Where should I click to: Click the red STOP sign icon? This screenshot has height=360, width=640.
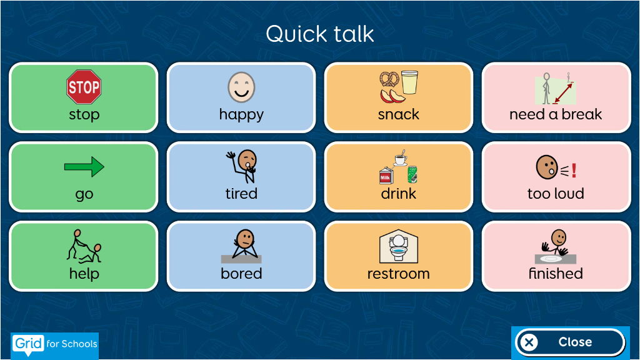[x=84, y=86]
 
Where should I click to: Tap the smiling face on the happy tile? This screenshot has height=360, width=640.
[x=241, y=87]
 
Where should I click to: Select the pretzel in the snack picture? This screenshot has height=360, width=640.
[x=389, y=79]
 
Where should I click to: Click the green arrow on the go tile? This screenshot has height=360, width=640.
[x=84, y=166]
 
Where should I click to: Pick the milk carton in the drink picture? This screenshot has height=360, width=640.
[x=386, y=176]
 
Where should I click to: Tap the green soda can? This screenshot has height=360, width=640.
[x=412, y=174]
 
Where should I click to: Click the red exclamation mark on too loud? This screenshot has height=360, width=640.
[x=574, y=170]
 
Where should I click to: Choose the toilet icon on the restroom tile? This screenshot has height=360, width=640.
[x=398, y=246]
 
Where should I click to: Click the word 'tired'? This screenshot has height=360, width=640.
[x=241, y=194]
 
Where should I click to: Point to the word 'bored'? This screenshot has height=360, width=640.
[x=241, y=274]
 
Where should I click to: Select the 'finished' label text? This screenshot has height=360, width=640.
[x=556, y=274]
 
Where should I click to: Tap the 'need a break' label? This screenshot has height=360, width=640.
[x=556, y=114]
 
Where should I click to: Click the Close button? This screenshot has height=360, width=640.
[x=570, y=342]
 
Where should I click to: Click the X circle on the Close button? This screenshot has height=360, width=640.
[x=529, y=342]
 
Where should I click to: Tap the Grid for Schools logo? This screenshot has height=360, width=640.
[x=55, y=344]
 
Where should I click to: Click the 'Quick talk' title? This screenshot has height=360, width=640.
[x=320, y=34]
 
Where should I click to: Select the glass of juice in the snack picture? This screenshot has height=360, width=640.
[x=410, y=82]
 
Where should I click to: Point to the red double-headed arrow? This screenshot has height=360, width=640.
[x=563, y=93]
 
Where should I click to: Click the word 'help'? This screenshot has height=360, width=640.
[x=84, y=274]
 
